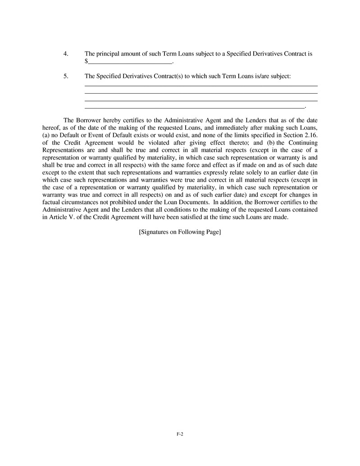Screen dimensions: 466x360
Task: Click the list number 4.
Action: tap(66, 54)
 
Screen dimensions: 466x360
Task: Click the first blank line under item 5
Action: tap(201, 85)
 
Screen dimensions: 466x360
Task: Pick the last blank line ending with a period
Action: tap(195, 108)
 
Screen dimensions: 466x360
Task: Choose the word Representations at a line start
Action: tap(62, 150)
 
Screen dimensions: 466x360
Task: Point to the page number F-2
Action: tap(180, 434)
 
